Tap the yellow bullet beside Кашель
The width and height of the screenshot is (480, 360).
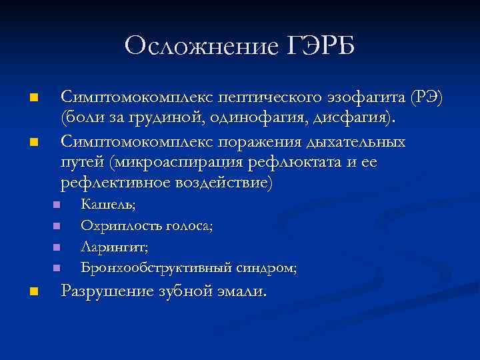coord(57,205)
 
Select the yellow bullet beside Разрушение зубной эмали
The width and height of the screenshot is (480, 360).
coord(35,291)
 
